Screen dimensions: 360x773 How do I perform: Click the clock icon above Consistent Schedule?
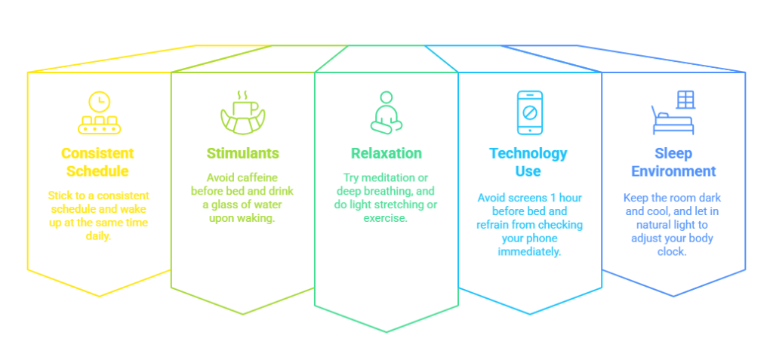[98, 100]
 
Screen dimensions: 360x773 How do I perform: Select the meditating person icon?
[386, 112]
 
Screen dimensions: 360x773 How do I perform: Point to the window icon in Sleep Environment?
[685, 100]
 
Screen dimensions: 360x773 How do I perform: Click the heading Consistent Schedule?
[98, 162]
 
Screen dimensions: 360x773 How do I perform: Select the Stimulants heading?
[243, 153]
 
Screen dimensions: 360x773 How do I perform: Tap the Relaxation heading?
[386, 153]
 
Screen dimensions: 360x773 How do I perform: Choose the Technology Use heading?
[528, 162]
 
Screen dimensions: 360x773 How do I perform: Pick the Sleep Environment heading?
[673, 162]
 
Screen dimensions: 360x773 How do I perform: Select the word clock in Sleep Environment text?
[673, 251]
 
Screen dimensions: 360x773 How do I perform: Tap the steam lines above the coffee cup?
[242, 95]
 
